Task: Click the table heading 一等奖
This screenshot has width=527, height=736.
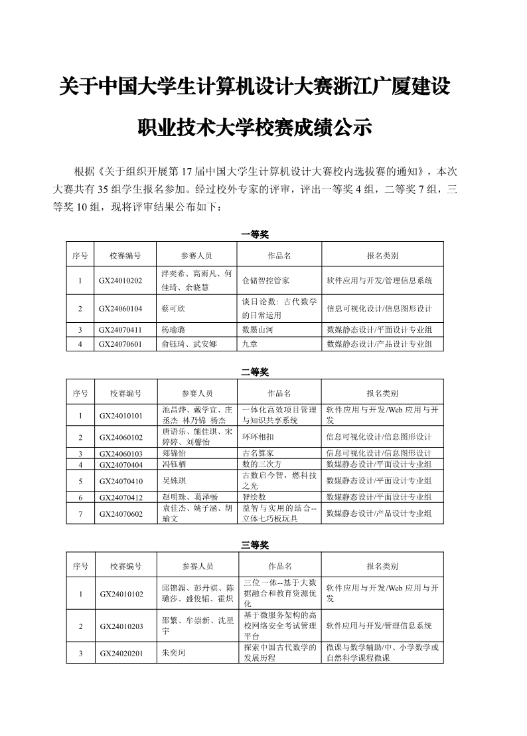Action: tap(255, 234)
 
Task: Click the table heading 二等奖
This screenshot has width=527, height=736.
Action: tap(255, 371)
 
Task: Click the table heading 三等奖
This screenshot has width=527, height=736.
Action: tap(255, 545)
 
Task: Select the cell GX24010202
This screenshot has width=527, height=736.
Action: tap(121, 280)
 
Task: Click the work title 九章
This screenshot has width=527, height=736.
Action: tap(250, 344)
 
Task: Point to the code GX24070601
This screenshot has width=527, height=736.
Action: tap(121, 344)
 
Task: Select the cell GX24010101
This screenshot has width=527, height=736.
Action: tap(121, 416)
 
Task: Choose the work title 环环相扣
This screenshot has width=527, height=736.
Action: tap(258, 437)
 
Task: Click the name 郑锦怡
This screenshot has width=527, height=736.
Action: tap(175, 454)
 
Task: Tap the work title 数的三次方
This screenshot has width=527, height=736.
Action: tap(262, 464)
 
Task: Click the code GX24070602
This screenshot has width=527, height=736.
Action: tap(121, 513)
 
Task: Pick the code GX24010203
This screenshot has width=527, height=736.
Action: tap(121, 626)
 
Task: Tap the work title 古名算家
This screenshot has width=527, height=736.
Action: tap(258, 454)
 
